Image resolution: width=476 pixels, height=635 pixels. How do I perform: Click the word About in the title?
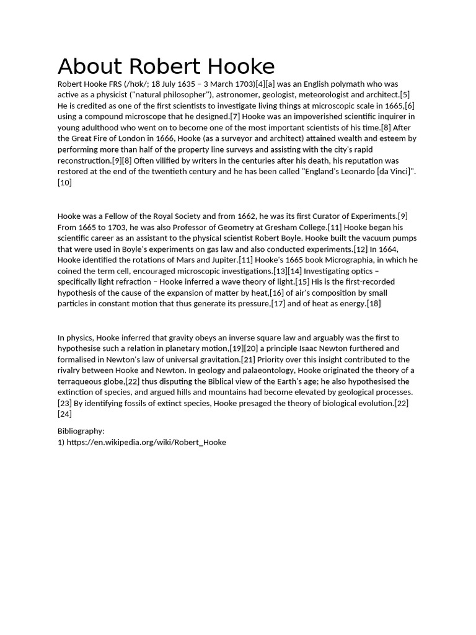tap(89, 67)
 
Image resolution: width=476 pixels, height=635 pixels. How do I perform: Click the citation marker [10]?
tap(64, 182)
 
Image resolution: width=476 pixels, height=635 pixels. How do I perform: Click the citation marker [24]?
tap(64, 414)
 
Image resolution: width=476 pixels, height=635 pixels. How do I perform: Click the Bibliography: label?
tap(81, 431)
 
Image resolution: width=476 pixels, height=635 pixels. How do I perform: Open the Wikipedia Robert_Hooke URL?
tap(146, 442)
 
